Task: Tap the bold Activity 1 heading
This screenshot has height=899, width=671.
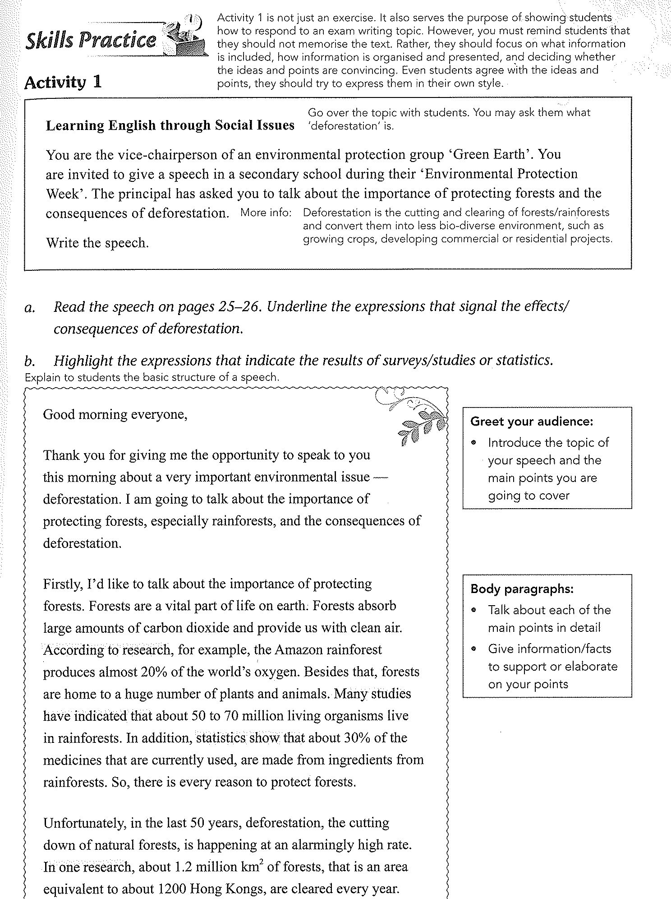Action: tap(63, 82)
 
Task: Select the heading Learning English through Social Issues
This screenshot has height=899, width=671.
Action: tap(170, 125)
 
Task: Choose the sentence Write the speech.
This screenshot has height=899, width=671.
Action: tap(97, 243)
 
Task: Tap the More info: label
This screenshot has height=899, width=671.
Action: tap(266, 213)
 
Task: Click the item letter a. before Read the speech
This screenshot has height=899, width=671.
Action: tap(29, 308)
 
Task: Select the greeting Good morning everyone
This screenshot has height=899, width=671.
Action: tap(115, 414)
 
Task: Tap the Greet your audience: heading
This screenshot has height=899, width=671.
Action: tap(532, 422)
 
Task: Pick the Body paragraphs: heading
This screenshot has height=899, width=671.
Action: tap(522, 589)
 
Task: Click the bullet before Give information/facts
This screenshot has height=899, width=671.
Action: tap(474, 649)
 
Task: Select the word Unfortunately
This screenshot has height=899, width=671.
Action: tap(84, 823)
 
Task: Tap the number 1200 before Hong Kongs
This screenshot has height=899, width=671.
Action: tap(172, 889)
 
